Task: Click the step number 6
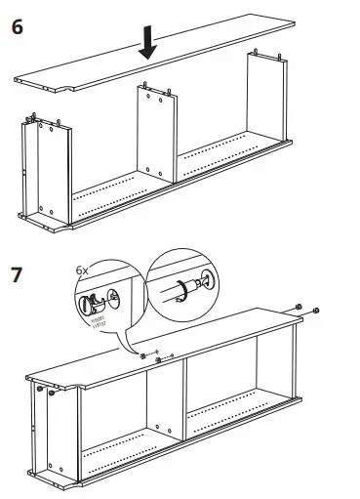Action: click(x=18, y=26)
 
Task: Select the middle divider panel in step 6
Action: click(x=153, y=138)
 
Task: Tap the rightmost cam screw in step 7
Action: click(x=319, y=312)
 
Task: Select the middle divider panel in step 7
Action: click(x=167, y=401)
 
